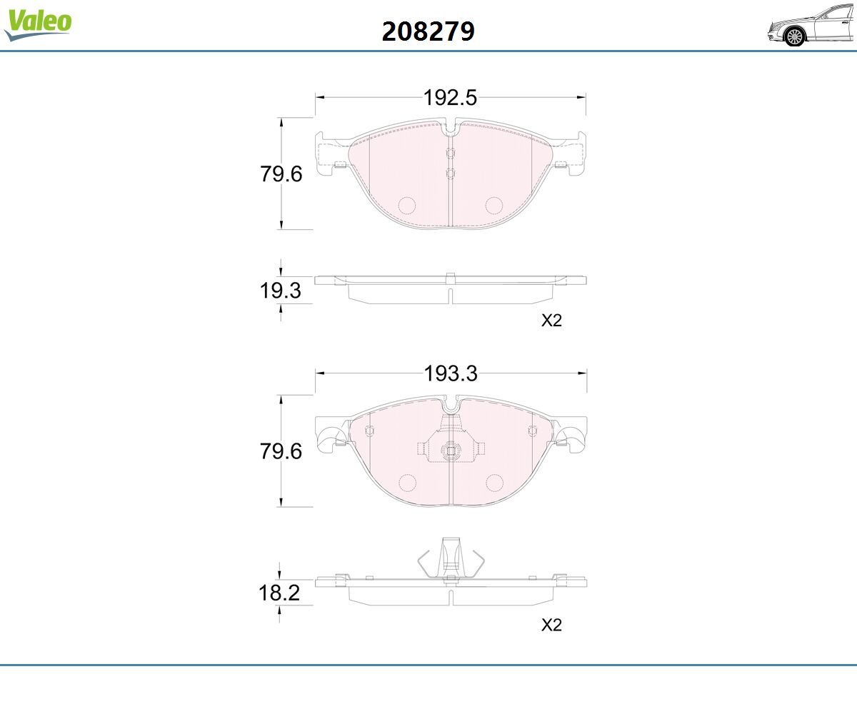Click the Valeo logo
[x=38, y=24]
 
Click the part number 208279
[x=428, y=31]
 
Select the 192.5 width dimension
[x=450, y=98]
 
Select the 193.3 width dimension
[x=451, y=373]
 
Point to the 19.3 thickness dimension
[x=281, y=291]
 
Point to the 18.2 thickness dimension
[x=279, y=593]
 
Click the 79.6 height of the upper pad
[x=281, y=174]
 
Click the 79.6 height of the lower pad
[x=281, y=451]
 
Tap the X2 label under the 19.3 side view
[x=551, y=321]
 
